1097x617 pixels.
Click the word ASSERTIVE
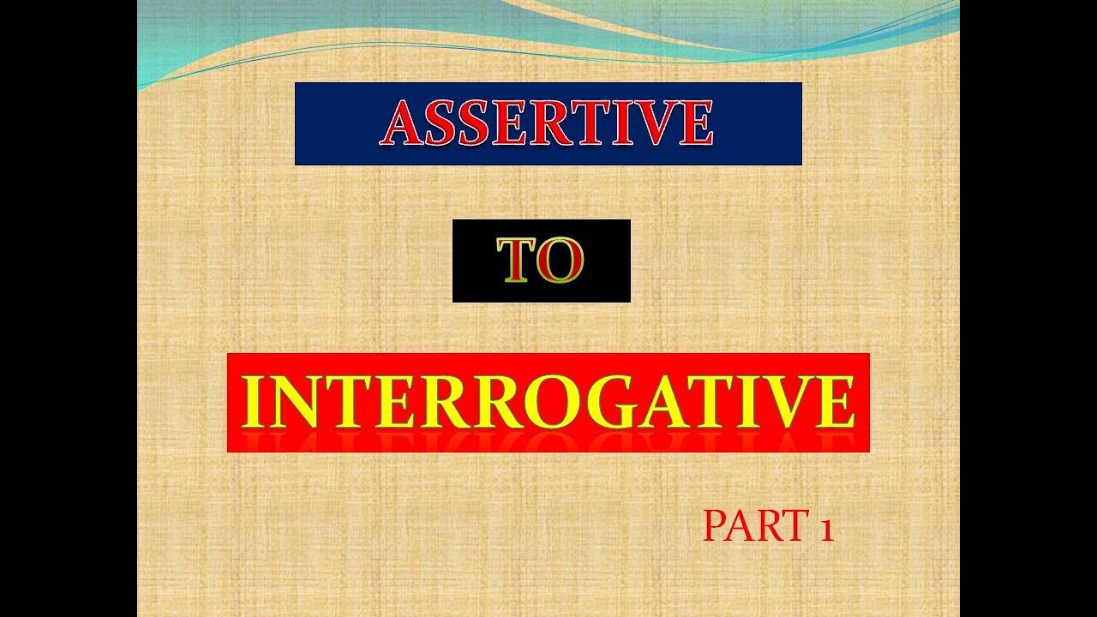click(x=548, y=123)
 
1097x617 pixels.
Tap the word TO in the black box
click(x=541, y=261)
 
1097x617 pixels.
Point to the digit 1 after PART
click(x=825, y=528)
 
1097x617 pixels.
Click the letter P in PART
click(x=714, y=526)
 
